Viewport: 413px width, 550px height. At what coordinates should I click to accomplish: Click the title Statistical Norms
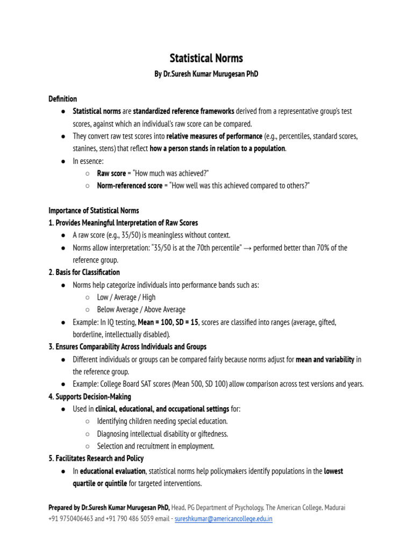(206, 58)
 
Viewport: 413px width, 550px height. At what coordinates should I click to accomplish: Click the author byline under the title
(206, 74)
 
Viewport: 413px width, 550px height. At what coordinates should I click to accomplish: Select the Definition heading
(63, 99)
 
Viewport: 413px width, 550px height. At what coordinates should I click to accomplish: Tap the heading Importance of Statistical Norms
(94, 211)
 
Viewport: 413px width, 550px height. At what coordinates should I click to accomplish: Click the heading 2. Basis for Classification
(84, 272)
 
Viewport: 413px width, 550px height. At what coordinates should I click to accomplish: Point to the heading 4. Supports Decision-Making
(90, 396)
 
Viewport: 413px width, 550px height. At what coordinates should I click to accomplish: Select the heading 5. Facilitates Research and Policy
(96, 458)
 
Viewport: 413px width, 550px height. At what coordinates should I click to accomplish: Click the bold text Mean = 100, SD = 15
(168, 322)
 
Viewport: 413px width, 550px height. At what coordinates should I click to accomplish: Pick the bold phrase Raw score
(111, 173)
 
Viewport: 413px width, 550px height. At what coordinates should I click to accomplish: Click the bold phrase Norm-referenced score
(130, 186)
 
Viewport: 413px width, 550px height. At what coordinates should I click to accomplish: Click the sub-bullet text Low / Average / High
(126, 297)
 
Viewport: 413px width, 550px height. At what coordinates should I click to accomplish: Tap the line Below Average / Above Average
(141, 309)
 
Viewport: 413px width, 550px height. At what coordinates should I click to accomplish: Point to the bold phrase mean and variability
(325, 359)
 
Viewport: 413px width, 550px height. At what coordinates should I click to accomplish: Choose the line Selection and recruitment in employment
(155, 446)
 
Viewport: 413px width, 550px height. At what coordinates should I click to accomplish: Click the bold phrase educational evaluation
(112, 471)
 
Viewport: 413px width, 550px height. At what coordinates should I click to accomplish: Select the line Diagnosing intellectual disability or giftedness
(162, 433)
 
